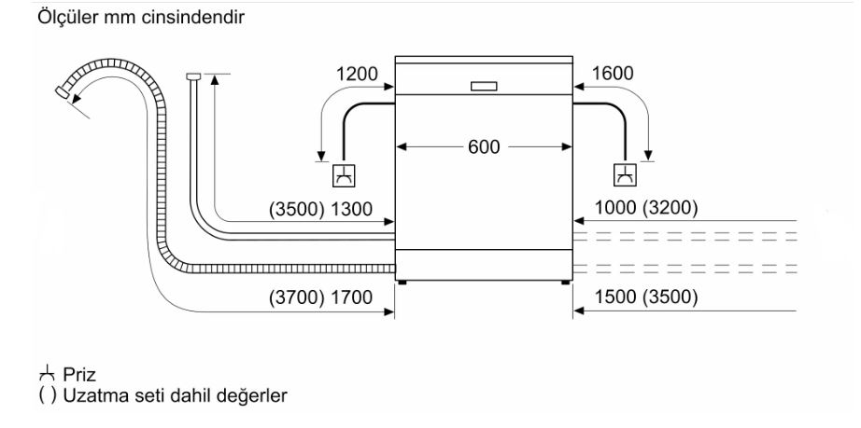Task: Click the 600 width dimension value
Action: pyautogui.click(x=484, y=146)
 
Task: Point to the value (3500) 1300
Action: pyautogui.click(x=320, y=210)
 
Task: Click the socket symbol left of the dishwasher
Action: pyautogui.click(x=345, y=173)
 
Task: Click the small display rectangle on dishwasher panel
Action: pyautogui.click(x=484, y=86)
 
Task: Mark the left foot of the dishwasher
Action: pyautogui.click(x=402, y=280)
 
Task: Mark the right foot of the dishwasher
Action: pyautogui.click(x=567, y=280)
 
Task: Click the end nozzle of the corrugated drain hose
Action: pyautogui.click(x=64, y=91)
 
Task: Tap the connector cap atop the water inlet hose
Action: pyautogui.click(x=193, y=76)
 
